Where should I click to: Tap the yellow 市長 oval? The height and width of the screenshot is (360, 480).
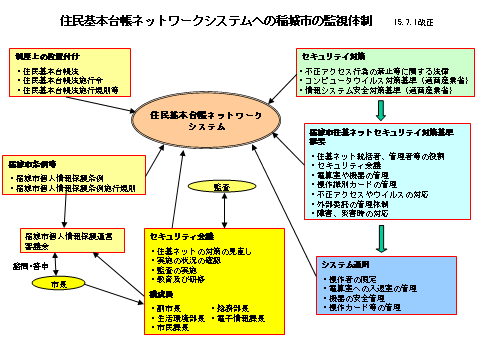[x=60, y=285]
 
